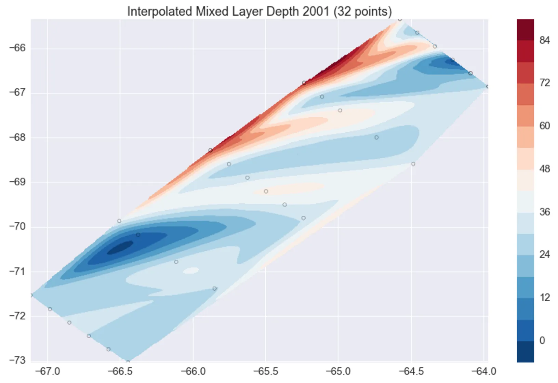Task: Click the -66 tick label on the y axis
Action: (x=17, y=48)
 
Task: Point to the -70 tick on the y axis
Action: (x=17, y=227)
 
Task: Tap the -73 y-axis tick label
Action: (x=17, y=360)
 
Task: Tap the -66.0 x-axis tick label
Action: (x=193, y=371)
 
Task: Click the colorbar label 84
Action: (x=544, y=40)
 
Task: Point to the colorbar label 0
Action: (x=542, y=341)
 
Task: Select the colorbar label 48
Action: (x=544, y=169)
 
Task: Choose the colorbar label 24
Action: (x=544, y=254)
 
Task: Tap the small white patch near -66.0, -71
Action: (x=191, y=270)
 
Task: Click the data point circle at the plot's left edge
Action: (x=31, y=295)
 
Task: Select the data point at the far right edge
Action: (x=487, y=87)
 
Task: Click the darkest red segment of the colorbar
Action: (x=525, y=30)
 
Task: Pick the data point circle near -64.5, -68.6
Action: (x=413, y=164)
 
